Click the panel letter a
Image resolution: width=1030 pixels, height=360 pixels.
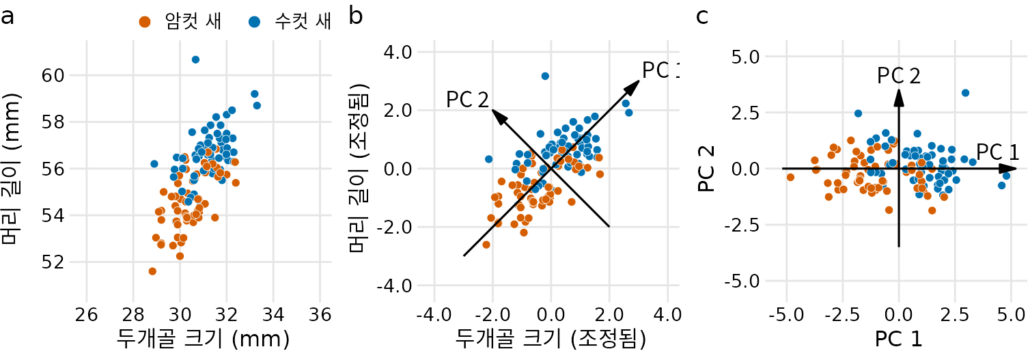click(8, 16)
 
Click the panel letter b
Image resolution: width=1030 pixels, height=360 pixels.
click(356, 16)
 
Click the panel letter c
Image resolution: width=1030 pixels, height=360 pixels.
click(702, 16)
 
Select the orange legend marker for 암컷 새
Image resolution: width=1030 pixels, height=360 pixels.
click(144, 22)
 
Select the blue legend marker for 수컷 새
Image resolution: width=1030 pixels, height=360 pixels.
click(254, 22)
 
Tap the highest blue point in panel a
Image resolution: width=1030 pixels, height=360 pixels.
click(195, 59)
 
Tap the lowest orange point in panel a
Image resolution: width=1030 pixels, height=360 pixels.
click(152, 271)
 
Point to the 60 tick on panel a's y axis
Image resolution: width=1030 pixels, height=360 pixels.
click(54, 75)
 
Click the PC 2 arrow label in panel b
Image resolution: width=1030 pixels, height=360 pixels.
click(468, 100)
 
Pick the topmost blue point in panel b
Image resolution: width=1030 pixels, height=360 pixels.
click(545, 76)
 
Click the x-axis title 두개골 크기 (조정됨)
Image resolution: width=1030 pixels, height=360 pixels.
click(551, 338)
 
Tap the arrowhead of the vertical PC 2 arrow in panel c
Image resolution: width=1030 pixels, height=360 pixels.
click(899, 97)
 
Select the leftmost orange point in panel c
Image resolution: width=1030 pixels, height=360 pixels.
click(790, 177)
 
